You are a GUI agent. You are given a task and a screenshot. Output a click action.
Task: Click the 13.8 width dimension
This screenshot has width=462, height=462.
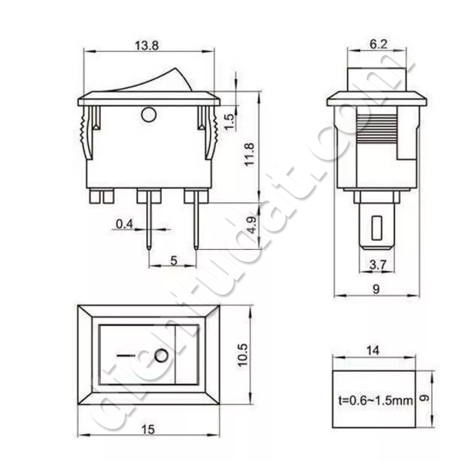147,46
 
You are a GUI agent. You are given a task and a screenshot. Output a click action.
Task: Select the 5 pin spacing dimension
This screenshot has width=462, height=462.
173,260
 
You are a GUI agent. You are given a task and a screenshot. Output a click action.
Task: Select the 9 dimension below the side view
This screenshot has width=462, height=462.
374,287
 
